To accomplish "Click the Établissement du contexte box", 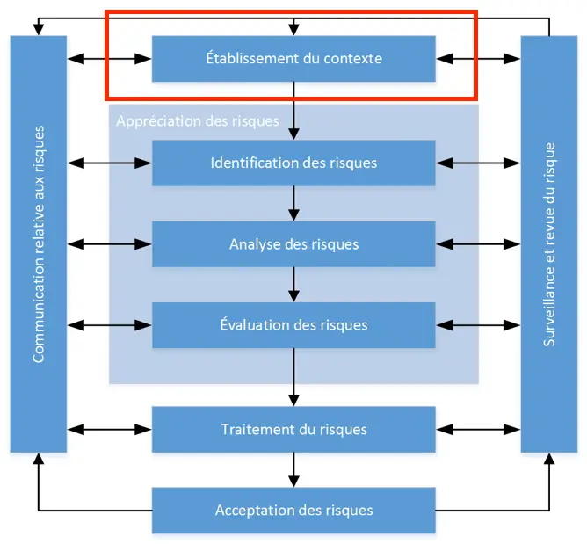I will coord(293,59).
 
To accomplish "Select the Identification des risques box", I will coord(293,163).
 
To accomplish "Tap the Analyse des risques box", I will coord(293,243).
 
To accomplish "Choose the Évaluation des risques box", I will coord(293,324).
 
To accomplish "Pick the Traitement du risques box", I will coord(293,430).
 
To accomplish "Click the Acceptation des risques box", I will coord(293,510).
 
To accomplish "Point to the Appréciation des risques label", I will coord(197,120).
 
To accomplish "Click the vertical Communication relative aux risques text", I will coord(38,243).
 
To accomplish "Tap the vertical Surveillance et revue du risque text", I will coord(549,243).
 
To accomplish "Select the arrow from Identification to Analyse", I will coord(293,203).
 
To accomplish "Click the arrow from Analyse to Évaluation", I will coord(293,284).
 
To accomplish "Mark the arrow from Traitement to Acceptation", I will coord(293,470).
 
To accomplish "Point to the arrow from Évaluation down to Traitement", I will coord(293,377).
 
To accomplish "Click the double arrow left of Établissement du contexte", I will coord(110,59).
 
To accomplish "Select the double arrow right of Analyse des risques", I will coord(478,243).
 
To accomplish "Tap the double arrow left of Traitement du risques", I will coord(110,430).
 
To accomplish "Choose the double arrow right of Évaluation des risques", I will coord(478,324).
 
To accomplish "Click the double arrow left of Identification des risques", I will coord(110,163).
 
